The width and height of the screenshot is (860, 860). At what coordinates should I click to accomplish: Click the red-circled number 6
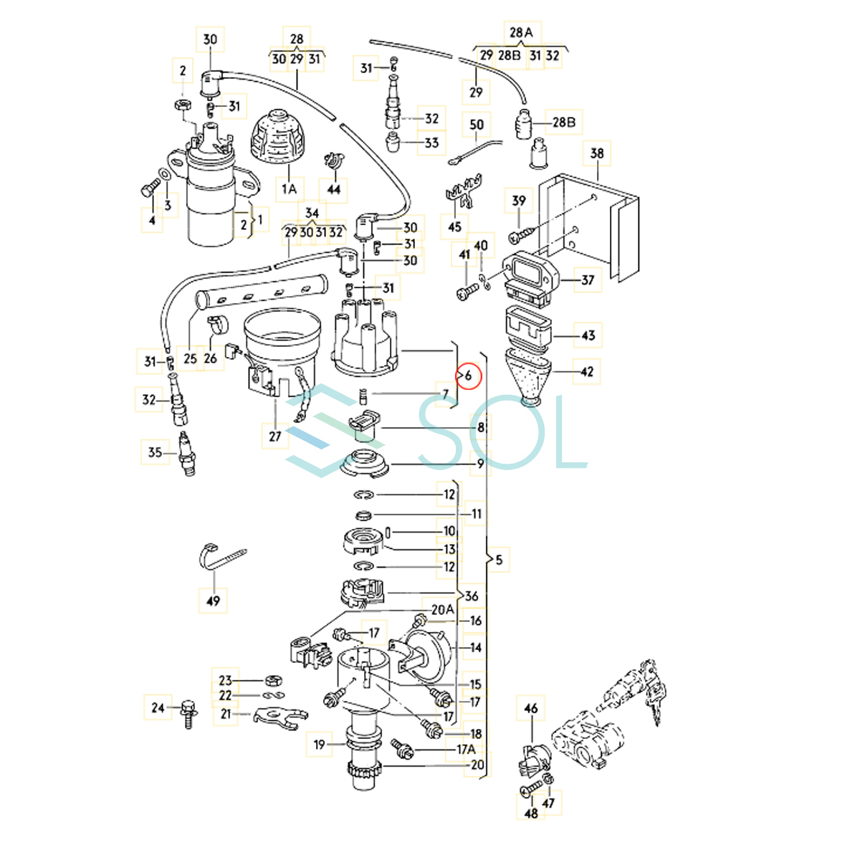tap(468, 375)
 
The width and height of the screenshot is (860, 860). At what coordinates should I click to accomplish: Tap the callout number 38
tap(597, 153)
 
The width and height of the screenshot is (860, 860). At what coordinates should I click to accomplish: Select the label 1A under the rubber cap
tap(289, 189)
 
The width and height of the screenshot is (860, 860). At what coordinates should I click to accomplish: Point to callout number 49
tap(213, 601)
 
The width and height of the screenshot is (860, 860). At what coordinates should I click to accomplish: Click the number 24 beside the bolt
tap(158, 708)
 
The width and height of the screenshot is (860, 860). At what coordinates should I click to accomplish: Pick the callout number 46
tap(530, 709)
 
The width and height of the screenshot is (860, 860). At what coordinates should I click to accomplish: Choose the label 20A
tap(442, 609)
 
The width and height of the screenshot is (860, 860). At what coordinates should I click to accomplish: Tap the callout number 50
tap(477, 125)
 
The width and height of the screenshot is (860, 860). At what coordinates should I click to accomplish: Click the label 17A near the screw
tap(466, 750)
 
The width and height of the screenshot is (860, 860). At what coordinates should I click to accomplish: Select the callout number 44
tap(334, 190)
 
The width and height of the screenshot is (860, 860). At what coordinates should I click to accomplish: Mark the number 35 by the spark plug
tap(155, 452)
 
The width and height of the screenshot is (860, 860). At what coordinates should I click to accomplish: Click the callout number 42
tap(587, 372)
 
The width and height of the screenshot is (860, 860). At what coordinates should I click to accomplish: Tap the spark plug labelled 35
tap(187, 454)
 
